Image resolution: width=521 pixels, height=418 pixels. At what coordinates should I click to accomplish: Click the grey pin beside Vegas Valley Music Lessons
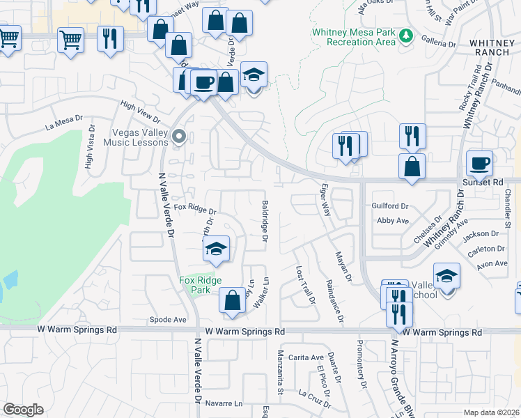coord(179,136)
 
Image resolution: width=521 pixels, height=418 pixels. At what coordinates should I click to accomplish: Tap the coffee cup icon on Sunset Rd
coord(480,164)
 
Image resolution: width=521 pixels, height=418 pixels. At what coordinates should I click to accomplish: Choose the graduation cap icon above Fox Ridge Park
coord(217,249)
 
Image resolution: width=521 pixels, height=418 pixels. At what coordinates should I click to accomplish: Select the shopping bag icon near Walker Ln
coord(232,300)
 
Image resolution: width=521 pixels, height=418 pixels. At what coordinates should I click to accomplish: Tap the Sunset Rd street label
coord(482,183)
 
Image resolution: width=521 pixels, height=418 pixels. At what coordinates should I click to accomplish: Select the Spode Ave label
coord(169,320)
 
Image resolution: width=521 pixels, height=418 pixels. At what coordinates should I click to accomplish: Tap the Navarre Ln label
coord(224,403)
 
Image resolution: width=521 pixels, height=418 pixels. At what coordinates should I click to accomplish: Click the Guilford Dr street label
coord(390,206)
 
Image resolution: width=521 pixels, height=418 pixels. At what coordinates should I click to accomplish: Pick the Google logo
coord(23,410)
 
